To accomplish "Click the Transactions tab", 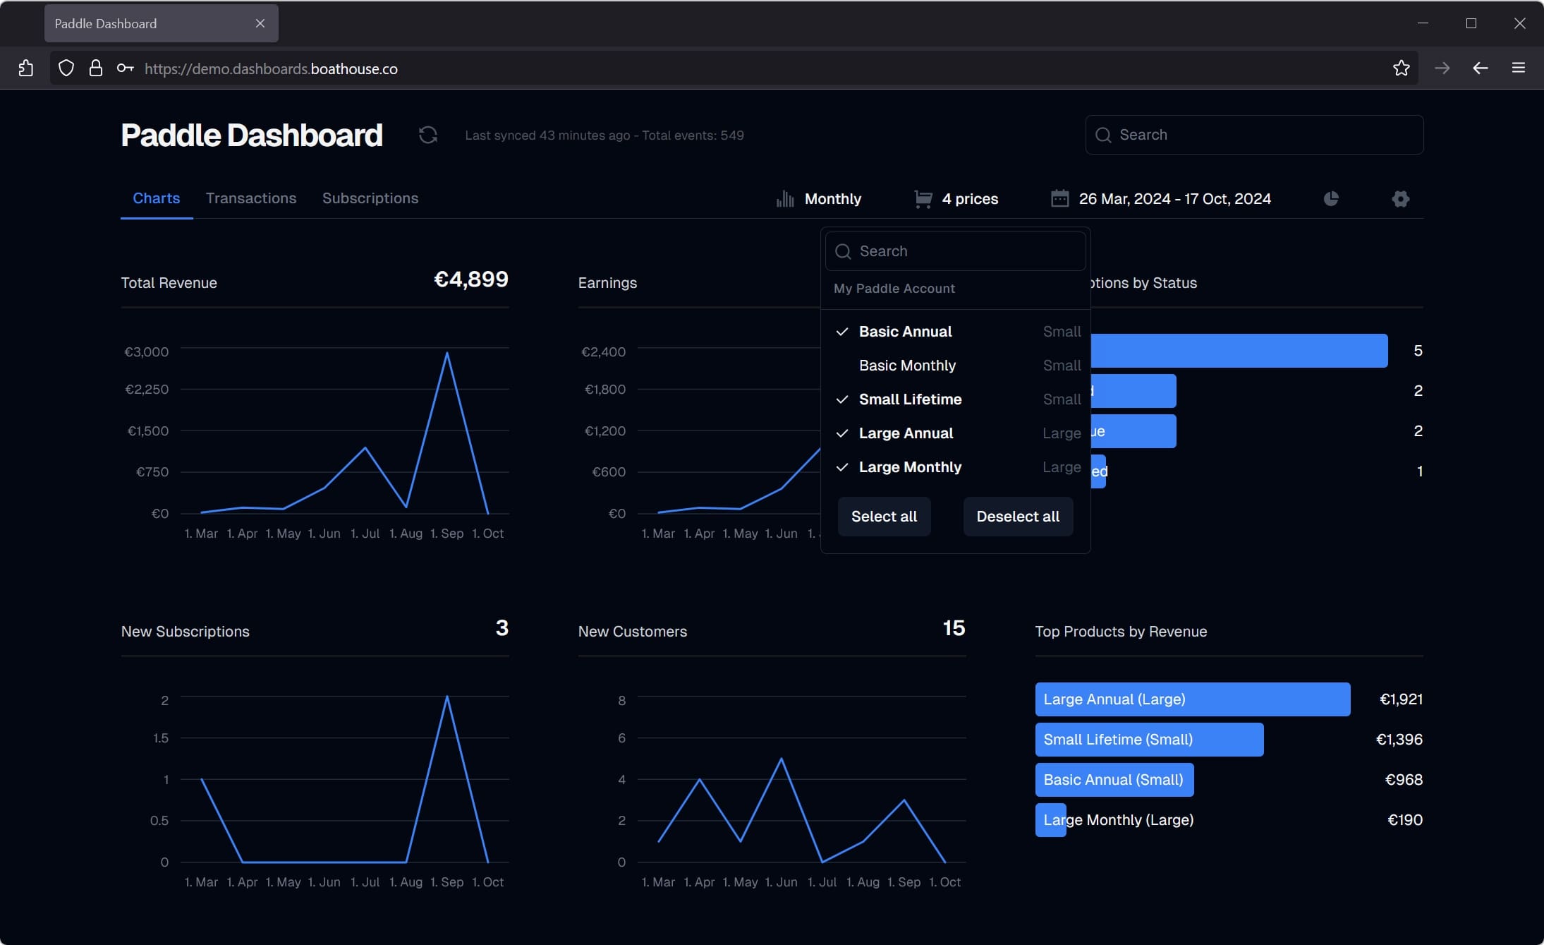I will (250, 198).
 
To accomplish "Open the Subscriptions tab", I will (370, 198).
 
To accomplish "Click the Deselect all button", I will (1017, 517).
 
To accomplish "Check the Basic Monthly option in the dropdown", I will (906, 366).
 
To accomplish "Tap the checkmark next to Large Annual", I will (841, 433).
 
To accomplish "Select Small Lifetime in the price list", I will (910, 399).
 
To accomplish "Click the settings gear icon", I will (1400, 199).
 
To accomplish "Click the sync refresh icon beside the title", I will (427, 135).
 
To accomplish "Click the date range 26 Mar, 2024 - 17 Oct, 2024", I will (1174, 199).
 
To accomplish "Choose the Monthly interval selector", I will (832, 199).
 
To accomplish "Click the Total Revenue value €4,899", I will (470, 279).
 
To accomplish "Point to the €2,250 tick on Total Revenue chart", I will (147, 390).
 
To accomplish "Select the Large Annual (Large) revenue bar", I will (1192, 699).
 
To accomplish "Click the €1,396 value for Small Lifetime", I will (1399, 740).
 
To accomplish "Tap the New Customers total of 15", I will (953, 628).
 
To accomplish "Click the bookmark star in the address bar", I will (1401, 68).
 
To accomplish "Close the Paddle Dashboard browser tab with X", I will (260, 23).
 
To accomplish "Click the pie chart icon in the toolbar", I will (1330, 199).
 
